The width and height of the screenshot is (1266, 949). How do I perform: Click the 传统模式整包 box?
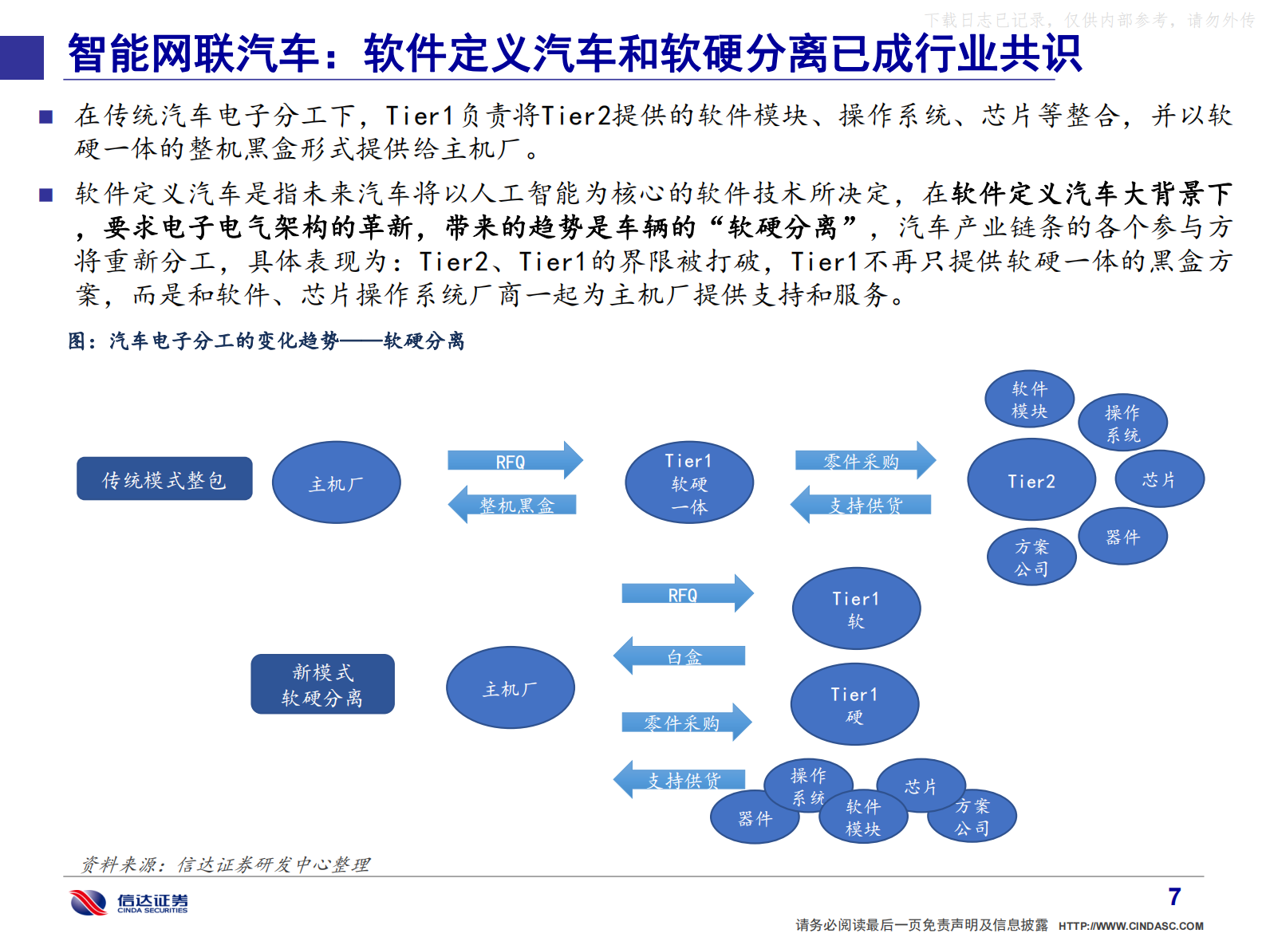point(164,479)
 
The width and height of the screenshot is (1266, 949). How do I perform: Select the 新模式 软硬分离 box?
point(322,684)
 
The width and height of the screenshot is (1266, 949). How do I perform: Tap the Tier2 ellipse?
point(1031,480)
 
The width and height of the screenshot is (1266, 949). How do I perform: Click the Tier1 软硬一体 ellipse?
point(689,482)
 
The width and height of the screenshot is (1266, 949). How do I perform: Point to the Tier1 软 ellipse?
point(856,608)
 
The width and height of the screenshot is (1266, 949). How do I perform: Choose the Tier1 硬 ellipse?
point(854,704)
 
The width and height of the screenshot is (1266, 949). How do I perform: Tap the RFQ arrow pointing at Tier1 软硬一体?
point(515,461)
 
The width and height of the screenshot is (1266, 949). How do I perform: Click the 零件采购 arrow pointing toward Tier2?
point(864,461)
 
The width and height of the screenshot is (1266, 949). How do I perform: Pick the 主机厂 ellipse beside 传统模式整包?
point(336,482)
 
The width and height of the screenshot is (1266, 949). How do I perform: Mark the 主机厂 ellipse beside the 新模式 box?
point(510,687)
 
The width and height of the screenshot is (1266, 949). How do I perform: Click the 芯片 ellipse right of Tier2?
point(1158,479)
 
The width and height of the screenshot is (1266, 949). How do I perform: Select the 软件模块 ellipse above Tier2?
point(1029,400)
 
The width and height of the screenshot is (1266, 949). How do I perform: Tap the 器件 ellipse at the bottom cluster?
point(755,818)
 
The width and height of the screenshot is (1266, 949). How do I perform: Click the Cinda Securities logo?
point(128,902)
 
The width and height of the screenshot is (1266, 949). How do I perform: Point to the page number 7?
point(1174,897)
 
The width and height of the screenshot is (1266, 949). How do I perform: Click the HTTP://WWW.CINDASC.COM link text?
point(1130,926)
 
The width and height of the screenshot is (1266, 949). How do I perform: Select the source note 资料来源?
point(226,864)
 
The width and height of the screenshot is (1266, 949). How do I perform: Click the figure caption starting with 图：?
point(266,341)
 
